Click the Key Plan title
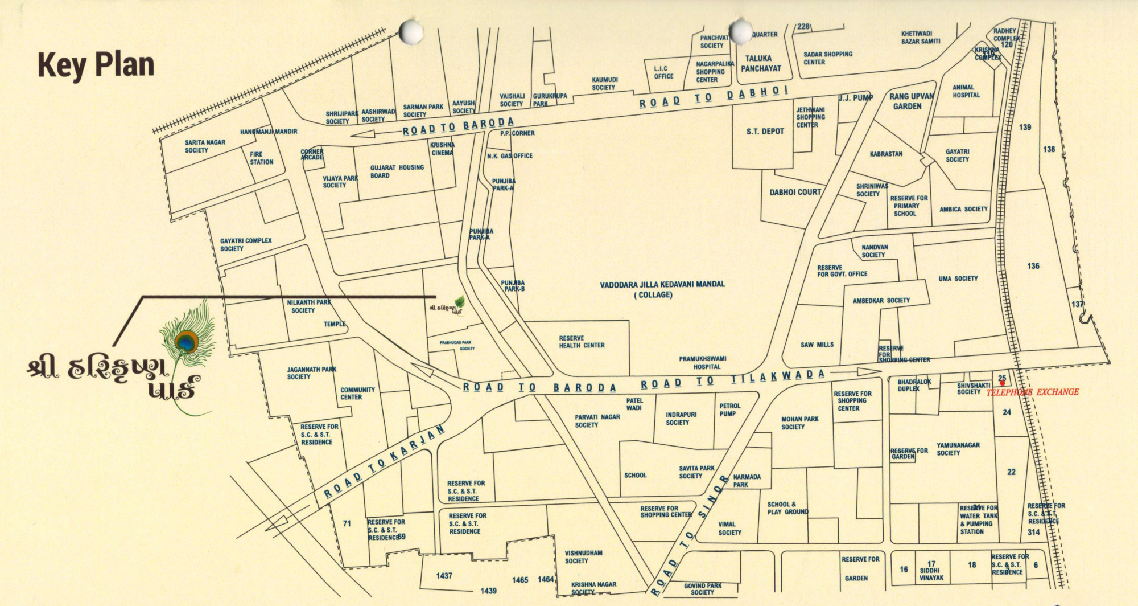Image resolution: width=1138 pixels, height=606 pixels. click(x=96, y=64)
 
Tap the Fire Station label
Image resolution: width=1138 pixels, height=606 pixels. click(x=261, y=158)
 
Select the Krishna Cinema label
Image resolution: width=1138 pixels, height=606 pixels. click(x=442, y=149)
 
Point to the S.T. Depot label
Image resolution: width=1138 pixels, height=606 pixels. click(x=765, y=132)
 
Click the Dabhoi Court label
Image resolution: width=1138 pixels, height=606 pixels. click(x=795, y=193)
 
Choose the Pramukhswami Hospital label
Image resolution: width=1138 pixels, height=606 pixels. click(x=702, y=363)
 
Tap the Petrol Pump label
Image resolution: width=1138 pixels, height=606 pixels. click(x=729, y=410)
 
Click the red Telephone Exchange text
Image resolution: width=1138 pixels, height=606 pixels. click(x=1032, y=392)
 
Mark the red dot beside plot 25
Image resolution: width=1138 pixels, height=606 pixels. click(x=1002, y=383)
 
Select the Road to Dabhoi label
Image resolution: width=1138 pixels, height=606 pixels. click(x=714, y=97)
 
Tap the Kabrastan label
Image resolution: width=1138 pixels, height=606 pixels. click(x=886, y=154)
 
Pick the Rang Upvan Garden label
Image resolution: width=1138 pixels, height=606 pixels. click(x=911, y=101)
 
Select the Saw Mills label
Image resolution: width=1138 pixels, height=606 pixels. click(x=817, y=345)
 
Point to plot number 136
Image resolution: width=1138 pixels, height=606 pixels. click(x=1033, y=266)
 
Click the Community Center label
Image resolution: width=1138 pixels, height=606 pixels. click(x=357, y=394)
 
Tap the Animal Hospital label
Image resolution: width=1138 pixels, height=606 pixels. click(x=966, y=91)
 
